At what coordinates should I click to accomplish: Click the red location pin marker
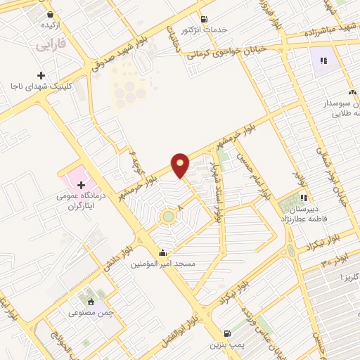pos(181,164)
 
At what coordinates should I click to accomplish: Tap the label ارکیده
pos(49,25)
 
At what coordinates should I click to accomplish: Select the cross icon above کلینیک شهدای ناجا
pos(41,75)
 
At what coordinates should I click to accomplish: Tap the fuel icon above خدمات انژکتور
pos(204,19)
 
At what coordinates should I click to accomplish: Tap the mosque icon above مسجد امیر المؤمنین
pos(163,252)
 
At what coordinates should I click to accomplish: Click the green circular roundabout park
pos(168,217)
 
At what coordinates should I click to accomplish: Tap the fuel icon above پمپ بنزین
pos(226,333)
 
